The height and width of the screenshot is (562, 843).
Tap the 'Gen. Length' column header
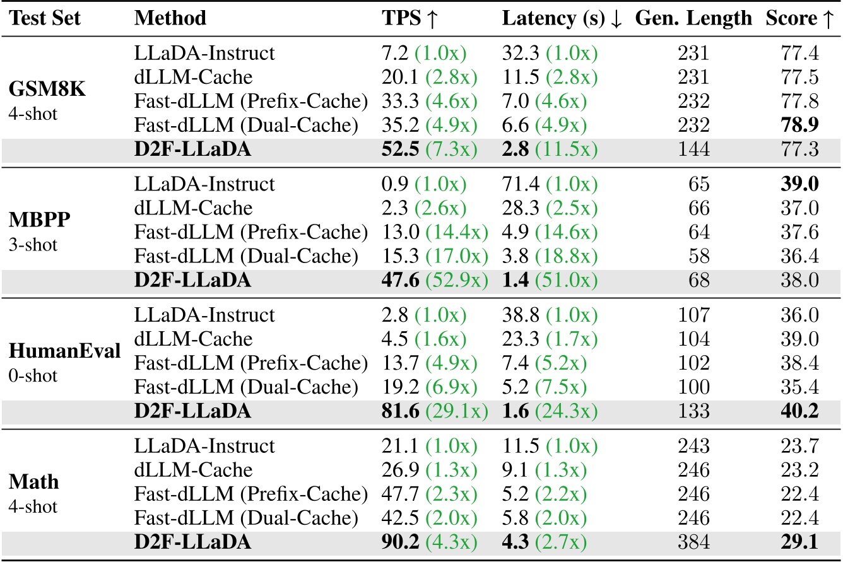(x=693, y=18)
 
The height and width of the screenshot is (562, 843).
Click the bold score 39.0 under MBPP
(x=799, y=184)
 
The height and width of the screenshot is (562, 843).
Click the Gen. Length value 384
(x=693, y=542)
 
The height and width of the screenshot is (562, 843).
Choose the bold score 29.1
(x=799, y=542)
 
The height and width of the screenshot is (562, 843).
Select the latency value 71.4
(x=519, y=184)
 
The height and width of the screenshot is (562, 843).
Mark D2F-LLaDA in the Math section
(x=192, y=542)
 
